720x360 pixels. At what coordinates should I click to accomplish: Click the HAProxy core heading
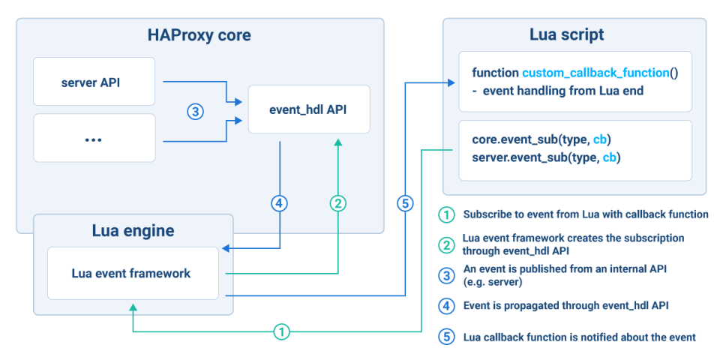tap(199, 35)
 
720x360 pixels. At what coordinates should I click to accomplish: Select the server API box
tap(94, 83)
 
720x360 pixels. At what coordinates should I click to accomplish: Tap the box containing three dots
tap(94, 138)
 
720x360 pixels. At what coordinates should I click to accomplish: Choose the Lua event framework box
tap(131, 274)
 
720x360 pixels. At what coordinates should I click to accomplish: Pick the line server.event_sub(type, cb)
tap(546, 157)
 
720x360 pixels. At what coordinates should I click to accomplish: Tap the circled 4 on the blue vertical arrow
tap(279, 203)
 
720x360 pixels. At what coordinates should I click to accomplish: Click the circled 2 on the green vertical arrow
tap(338, 203)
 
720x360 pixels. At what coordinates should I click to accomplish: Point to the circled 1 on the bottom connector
tap(280, 331)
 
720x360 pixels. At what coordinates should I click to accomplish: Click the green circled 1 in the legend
tap(448, 214)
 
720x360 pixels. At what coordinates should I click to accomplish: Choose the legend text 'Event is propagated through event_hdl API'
tap(566, 305)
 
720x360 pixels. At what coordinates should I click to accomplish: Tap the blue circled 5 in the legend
tap(448, 337)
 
